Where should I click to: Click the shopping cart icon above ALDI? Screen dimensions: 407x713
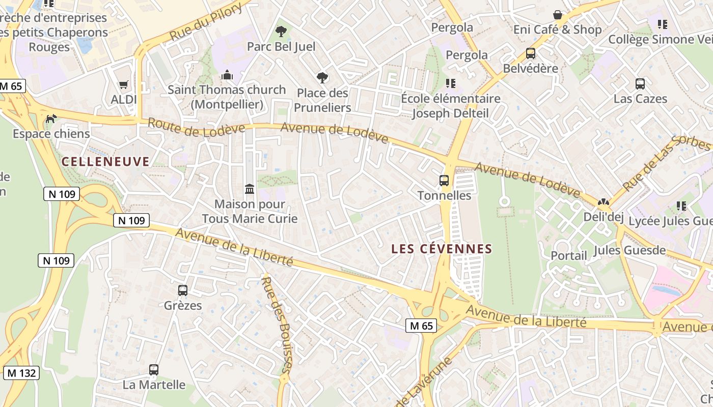(124, 84)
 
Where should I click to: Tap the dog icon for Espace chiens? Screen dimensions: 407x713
(51, 119)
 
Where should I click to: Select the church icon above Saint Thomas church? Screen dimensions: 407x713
(227, 75)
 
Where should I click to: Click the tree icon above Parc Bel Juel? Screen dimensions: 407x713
(281, 32)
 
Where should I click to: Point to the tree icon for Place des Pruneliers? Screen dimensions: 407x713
(322, 78)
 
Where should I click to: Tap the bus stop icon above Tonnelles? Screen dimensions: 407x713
(444, 180)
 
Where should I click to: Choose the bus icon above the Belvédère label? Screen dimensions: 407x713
(530, 53)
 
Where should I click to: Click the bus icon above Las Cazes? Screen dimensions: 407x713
(640, 84)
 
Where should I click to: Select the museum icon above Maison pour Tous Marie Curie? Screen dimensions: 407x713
(250, 189)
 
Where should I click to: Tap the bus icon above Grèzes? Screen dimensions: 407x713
(183, 290)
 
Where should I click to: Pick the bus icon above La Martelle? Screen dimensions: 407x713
(154, 370)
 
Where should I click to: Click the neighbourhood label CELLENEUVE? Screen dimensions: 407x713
(105, 162)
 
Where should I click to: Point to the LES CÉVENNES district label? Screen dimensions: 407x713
(442, 249)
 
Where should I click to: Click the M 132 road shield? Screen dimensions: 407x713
(21, 373)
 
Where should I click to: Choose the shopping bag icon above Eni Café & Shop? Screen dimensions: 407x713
(558, 15)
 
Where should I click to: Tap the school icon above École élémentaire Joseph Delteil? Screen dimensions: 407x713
(450, 83)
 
